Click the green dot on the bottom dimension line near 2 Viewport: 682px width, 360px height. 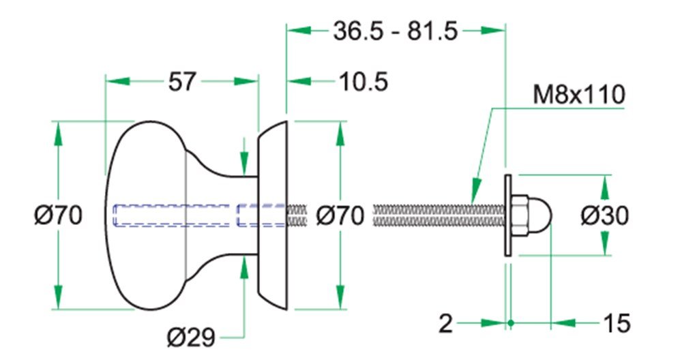511,323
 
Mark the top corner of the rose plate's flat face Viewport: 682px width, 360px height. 287,121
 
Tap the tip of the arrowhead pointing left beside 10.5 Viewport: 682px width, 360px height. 288,81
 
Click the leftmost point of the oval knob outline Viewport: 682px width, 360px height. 104,215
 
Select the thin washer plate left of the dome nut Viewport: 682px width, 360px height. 507,215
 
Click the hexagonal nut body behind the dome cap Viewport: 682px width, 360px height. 520,215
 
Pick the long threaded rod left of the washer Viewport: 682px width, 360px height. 439,215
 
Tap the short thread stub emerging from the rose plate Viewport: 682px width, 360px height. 297,215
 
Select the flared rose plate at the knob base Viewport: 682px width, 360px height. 273,215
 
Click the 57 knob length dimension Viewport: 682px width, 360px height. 182,81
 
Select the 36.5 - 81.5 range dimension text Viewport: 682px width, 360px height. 396,31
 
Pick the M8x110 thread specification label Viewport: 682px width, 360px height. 579,94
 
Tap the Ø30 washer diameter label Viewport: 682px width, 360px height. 604,215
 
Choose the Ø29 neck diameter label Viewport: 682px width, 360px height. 192,337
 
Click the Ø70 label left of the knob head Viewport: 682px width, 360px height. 58,215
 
